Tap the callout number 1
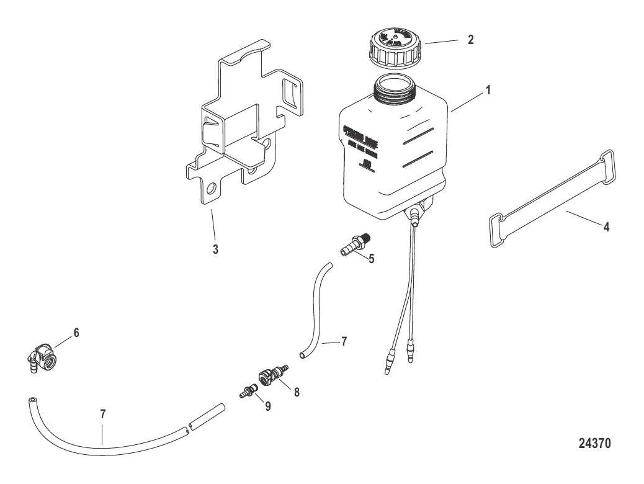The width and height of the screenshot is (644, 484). [488, 89]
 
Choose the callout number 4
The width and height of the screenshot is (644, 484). [607, 226]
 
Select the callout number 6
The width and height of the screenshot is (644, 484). [76, 333]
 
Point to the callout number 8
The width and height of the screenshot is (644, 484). [297, 392]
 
